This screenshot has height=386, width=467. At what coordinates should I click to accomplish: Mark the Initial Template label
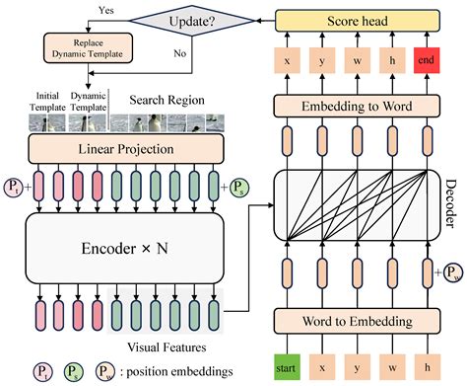(49, 98)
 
